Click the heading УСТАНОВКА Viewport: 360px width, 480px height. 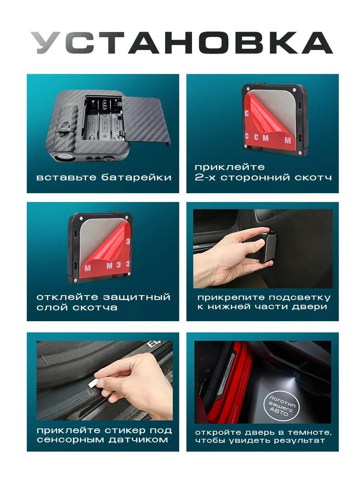(182, 43)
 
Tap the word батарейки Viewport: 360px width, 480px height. (136, 177)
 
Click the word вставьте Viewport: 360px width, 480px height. (66, 178)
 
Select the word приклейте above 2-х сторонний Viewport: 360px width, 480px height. (230, 167)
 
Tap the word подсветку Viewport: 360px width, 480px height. (299, 298)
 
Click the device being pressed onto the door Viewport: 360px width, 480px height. (267, 247)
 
